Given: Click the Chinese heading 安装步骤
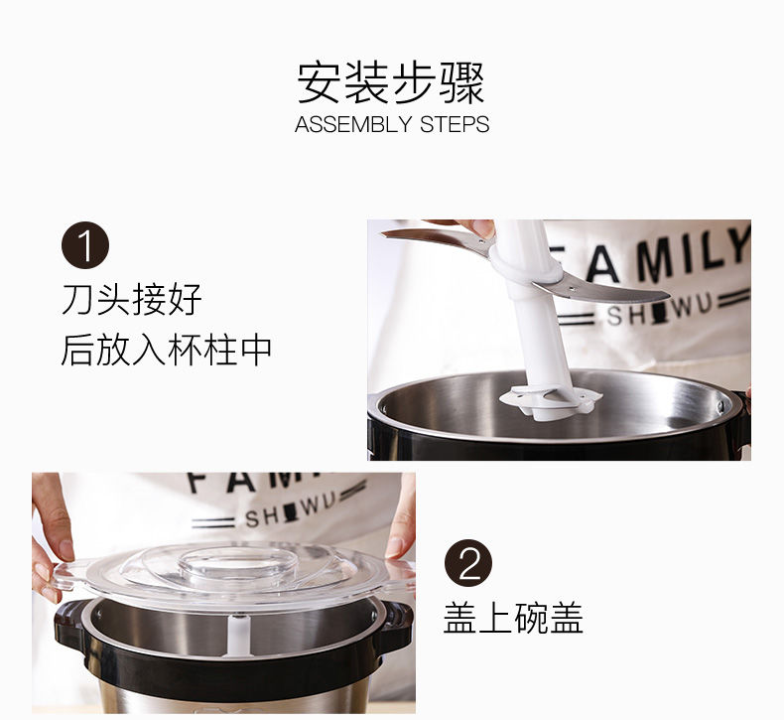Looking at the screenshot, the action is (x=391, y=82).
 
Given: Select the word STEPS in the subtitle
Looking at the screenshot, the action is (x=455, y=124).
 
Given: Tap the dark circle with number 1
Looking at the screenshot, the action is (x=85, y=245).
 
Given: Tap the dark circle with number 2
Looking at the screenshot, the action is (x=468, y=563).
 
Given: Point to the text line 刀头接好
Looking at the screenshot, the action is (x=132, y=299).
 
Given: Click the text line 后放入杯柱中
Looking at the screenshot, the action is (x=166, y=350).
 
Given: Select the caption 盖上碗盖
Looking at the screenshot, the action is (x=513, y=619).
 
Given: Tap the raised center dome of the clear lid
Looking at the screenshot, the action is (x=236, y=562).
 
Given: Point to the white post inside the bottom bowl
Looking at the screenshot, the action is (x=238, y=636).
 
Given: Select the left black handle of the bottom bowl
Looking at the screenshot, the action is (x=70, y=626).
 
